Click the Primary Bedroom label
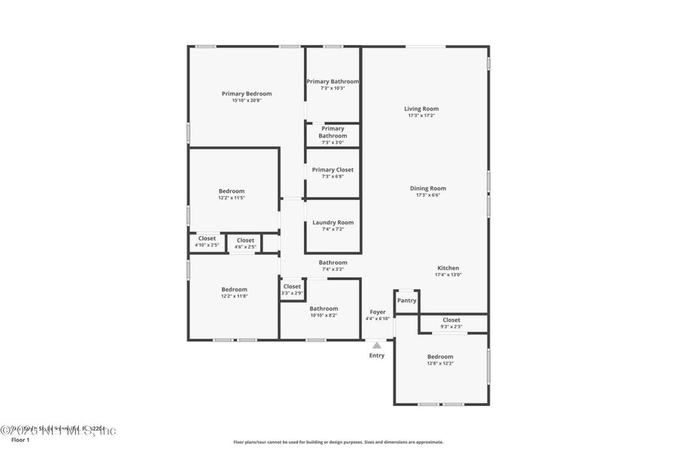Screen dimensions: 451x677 pos(246,94)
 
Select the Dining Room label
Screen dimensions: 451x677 pos(427,188)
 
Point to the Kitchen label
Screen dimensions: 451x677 pos(448,268)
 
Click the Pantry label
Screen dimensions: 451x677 pos(406,301)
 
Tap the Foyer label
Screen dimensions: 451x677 pos(378,312)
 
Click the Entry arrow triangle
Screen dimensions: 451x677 pos(377,345)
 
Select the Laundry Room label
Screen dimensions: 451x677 pos(332,222)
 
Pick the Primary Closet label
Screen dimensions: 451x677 pos(332,170)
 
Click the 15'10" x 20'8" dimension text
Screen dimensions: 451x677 pos(246,101)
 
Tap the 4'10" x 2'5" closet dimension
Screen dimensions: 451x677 pos(207,245)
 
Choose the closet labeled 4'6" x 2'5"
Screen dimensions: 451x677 pos(245,247)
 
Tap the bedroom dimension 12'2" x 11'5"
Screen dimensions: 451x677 pos(232,198)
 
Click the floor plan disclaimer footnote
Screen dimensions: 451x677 pos(338,442)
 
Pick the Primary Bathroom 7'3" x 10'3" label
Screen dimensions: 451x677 pos(332,84)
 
